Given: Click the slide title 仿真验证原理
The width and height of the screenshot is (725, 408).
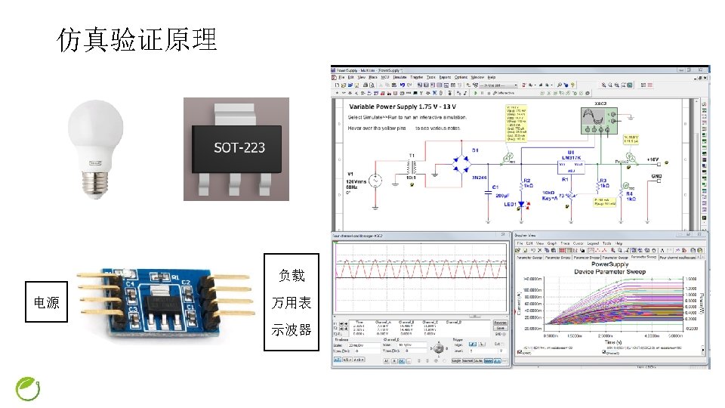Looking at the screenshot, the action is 137,39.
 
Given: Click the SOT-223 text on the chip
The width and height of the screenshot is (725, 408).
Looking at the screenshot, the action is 239,147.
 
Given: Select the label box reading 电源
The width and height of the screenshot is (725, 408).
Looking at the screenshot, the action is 47,303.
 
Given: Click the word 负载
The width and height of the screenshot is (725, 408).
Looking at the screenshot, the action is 292,276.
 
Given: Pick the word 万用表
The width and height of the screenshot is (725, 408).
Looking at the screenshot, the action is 292,303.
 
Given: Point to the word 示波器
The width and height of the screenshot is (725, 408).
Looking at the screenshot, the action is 292,329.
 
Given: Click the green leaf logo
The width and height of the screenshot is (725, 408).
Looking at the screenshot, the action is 29,388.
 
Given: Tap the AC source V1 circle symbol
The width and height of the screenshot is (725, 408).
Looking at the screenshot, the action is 374,181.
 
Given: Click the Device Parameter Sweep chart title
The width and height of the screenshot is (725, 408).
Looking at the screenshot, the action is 610,270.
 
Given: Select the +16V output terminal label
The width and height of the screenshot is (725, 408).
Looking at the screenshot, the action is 652,160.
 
